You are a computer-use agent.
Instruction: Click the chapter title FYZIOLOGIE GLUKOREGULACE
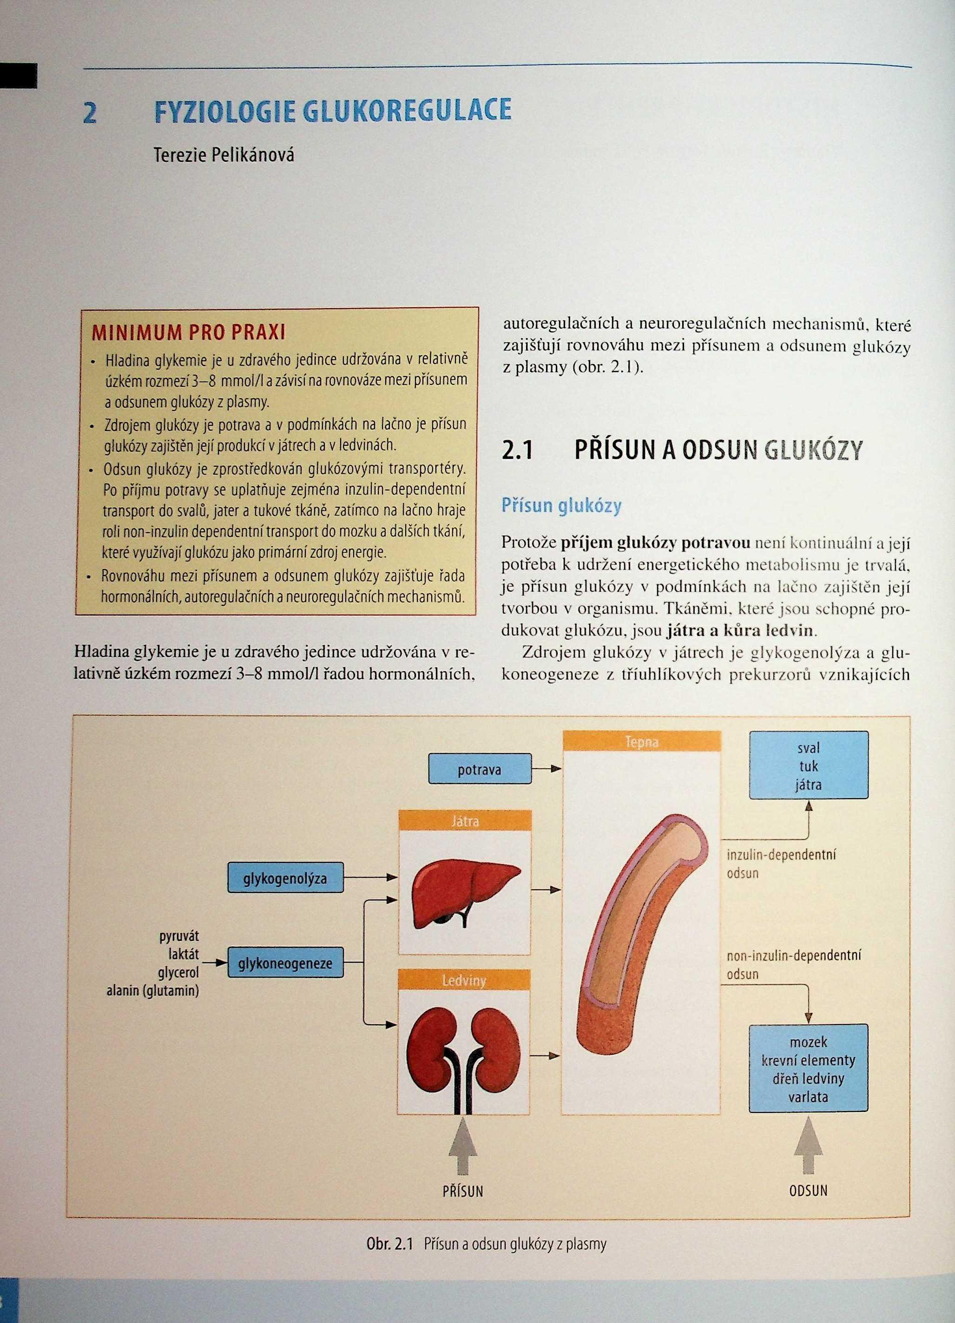(332, 112)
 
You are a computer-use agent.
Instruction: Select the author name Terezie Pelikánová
(224, 156)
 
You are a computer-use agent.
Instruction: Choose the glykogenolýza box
(285, 878)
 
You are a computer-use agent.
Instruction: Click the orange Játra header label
(465, 821)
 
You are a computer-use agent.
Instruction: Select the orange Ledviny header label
(464, 980)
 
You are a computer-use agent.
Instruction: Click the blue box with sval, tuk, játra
(808, 765)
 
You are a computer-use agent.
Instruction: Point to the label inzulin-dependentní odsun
(781, 864)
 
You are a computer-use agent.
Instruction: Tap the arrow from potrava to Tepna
(547, 769)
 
